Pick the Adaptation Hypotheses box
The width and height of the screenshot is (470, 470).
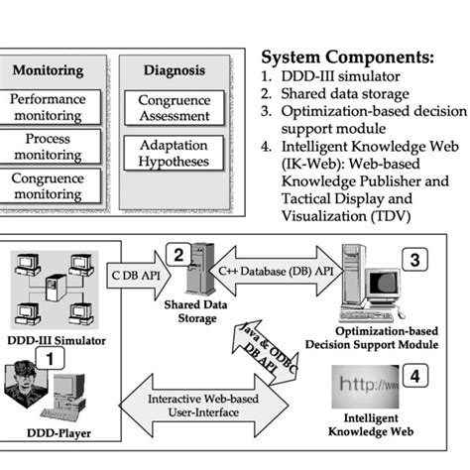coord(174,154)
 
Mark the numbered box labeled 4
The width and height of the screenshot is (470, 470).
coord(416,376)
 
